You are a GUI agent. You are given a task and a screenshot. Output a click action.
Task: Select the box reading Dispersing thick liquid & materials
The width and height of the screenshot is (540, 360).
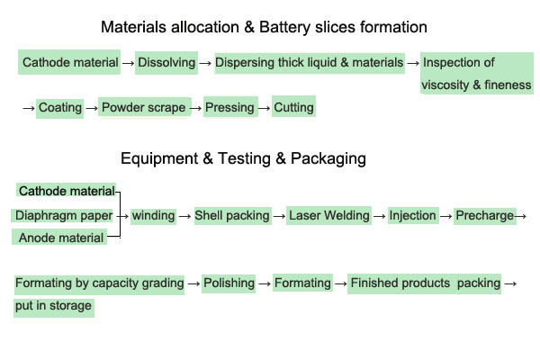(x=310, y=63)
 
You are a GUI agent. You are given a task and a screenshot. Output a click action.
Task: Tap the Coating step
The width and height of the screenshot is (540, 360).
(x=60, y=108)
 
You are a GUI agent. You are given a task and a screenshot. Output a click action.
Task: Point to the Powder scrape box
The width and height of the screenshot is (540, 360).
(x=144, y=108)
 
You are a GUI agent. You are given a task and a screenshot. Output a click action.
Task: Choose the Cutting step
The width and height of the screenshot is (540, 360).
(x=294, y=108)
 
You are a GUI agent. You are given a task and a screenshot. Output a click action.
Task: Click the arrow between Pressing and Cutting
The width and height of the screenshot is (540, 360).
(x=265, y=108)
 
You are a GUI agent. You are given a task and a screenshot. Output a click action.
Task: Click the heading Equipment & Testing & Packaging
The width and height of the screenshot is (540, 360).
(x=243, y=159)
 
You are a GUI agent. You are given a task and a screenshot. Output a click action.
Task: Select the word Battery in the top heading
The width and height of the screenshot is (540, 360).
(x=293, y=28)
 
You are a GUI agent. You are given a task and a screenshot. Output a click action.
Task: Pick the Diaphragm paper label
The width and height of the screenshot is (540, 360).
(x=64, y=216)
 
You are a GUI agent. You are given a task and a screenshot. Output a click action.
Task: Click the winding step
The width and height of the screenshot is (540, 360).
(x=153, y=216)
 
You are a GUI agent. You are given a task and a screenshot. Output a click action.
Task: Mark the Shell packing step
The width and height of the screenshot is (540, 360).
(x=232, y=216)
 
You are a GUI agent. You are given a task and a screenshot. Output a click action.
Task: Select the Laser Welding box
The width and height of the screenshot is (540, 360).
(x=329, y=216)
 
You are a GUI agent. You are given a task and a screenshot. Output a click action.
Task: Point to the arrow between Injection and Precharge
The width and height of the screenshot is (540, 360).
(x=445, y=216)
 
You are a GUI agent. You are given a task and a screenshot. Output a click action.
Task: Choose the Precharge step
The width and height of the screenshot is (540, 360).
(x=484, y=216)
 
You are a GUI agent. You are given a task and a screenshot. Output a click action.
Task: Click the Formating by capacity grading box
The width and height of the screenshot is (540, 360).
(x=99, y=283)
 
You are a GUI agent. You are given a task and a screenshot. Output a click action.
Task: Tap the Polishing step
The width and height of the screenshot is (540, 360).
(x=229, y=283)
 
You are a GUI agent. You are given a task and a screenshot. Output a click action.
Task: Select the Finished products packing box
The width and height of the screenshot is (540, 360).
(x=425, y=283)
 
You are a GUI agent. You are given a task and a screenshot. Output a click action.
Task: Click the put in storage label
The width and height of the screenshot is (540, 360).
(x=53, y=306)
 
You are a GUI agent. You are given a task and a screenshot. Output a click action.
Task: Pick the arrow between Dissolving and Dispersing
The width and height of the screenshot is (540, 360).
(x=205, y=63)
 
